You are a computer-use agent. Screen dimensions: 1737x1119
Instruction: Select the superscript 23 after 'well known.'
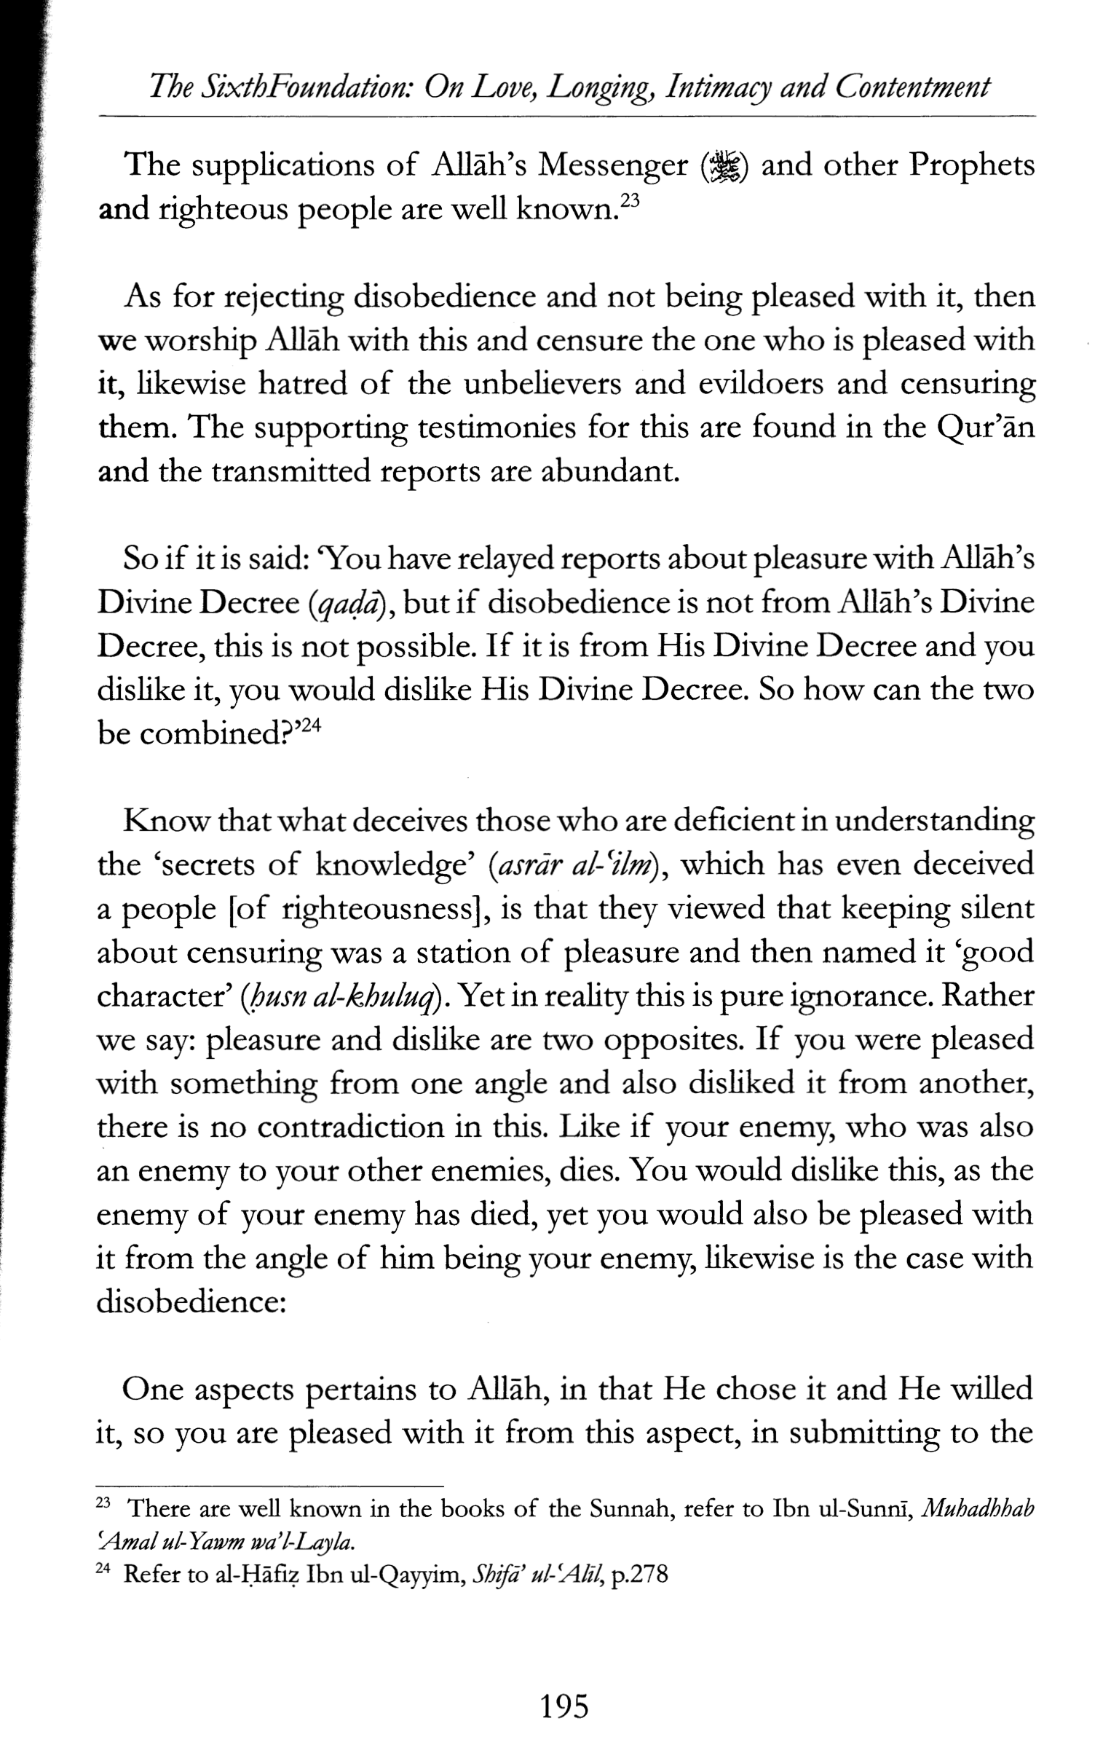[x=629, y=200]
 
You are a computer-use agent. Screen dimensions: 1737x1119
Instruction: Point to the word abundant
[x=609, y=472]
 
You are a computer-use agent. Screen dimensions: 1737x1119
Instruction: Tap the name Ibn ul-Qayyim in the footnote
[x=387, y=1575]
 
